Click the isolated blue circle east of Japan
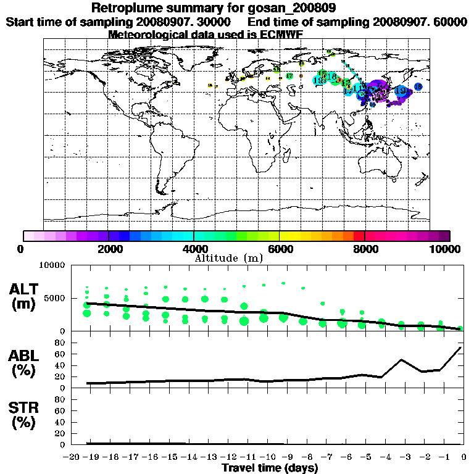(418, 87)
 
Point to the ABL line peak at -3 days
(401, 359)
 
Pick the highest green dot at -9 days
(283, 283)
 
